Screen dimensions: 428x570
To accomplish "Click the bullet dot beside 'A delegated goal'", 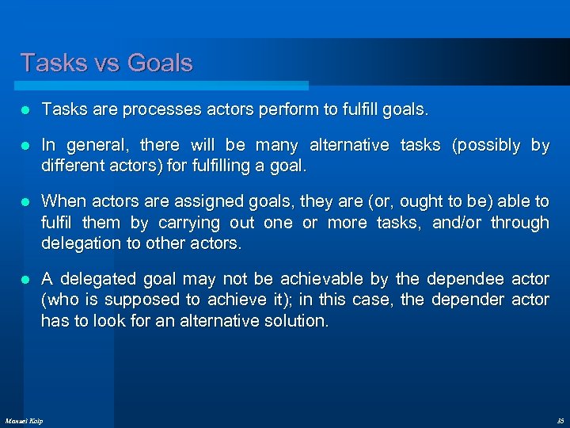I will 25,279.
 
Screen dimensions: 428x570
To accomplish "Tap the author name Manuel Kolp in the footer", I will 24,420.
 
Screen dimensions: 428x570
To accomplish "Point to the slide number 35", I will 560,420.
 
